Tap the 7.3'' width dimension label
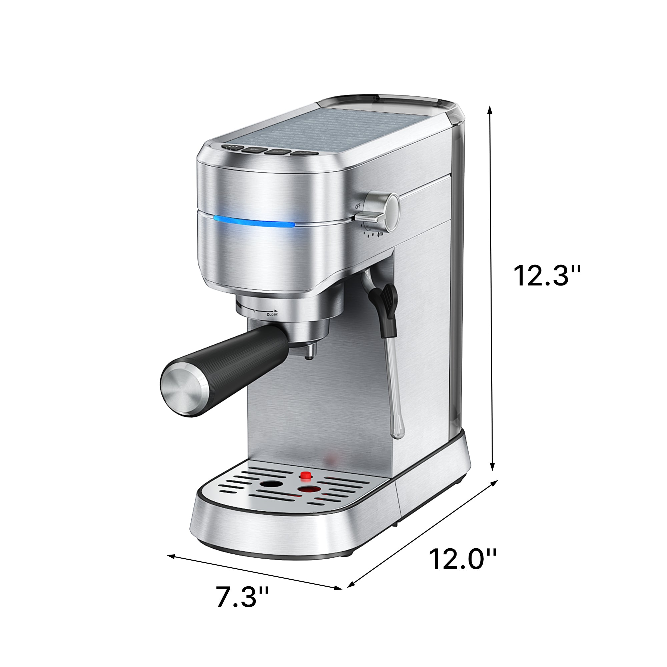coord(242,606)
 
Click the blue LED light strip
coord(254,221)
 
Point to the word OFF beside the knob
coord(358,206)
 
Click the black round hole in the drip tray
coord(269,484)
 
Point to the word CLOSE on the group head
coord(272,314)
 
